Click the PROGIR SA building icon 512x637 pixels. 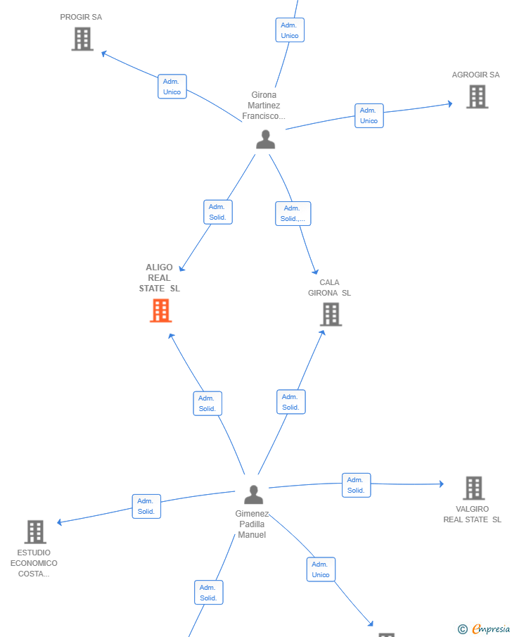pos(82,39)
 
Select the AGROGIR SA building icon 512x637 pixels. pos(477,96)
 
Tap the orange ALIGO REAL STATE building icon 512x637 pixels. pos(161,310)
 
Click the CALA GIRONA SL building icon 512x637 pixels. pos(331,315)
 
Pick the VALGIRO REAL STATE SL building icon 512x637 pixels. pos(474,488)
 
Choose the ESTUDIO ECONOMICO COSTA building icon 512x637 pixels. pos(35,532)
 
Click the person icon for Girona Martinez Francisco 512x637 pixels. pos(266,139)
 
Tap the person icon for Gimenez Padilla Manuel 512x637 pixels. pos(254,494)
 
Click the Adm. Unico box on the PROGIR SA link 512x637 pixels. pos(172,87)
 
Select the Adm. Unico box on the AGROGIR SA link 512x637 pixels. pos(369,115)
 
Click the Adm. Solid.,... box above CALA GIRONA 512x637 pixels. pos(293,214)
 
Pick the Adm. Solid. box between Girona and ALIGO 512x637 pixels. pos(218,212)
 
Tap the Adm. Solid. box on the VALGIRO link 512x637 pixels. pos(356,485)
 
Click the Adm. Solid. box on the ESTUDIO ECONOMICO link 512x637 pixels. pos(146,506)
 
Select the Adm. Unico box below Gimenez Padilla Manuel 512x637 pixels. pos(321,569)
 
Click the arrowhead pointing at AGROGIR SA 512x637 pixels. pos(450,104)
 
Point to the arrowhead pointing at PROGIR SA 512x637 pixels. pos(104,53)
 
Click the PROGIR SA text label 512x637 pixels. pos(81,17)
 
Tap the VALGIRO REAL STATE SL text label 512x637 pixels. pos(472,515)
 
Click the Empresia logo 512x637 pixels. pos(484,629)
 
